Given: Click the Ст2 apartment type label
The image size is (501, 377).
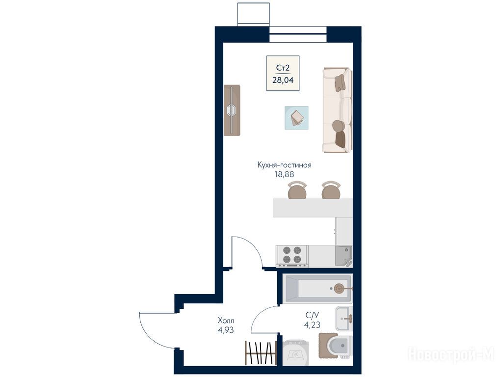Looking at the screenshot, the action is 283,68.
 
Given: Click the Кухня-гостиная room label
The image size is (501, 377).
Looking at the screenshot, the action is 285,165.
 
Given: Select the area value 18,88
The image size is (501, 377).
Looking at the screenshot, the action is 284,174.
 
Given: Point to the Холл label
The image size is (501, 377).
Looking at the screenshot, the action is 226,320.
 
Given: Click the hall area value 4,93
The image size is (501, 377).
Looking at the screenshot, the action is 226,329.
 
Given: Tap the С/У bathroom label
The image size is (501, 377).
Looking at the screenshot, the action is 312,316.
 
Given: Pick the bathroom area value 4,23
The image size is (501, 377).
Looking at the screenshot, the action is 312,325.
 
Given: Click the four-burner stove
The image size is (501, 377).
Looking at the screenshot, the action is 292,256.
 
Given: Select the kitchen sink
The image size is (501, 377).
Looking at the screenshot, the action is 343,256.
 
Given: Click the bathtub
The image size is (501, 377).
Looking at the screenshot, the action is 317,289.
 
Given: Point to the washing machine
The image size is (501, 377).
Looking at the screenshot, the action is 295,352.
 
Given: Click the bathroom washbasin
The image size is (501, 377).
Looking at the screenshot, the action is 344,319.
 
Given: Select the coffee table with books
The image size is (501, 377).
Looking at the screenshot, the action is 296,118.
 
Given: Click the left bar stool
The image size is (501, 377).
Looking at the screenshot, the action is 297,190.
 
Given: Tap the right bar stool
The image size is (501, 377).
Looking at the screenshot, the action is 331,190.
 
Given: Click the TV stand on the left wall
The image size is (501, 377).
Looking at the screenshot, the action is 232,110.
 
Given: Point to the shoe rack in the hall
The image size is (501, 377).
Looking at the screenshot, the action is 261,352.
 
